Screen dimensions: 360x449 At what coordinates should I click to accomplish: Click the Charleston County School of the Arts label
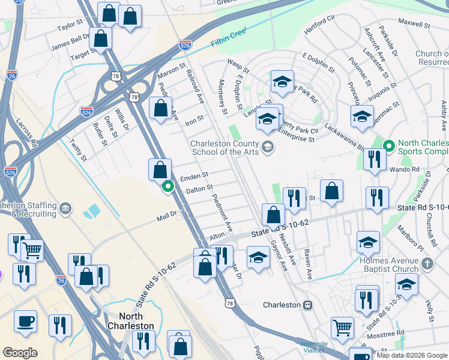click(224, 148)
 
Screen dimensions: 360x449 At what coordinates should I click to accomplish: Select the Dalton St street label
click(200, 190)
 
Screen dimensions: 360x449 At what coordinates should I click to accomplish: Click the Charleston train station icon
click(307, 305)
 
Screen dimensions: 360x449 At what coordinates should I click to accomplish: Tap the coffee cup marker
click(25, 321)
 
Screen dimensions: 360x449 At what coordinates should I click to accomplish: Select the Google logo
click(20, 353)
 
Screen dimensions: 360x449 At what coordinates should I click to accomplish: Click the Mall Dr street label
click(166, 214)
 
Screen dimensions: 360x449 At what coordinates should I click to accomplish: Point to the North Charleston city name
click(131, 320)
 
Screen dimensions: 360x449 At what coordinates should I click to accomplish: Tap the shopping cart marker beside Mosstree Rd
click(342, 328)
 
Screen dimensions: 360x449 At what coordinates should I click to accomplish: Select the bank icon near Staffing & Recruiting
click(65, 209)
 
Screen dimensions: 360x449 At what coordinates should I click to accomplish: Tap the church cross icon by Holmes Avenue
click(427, 263)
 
